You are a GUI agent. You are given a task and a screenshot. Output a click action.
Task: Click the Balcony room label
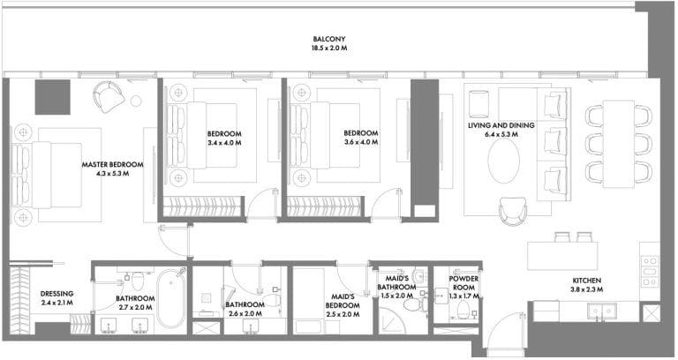(x=329, y=39)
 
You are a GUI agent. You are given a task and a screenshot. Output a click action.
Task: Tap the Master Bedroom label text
(x=112, y=165)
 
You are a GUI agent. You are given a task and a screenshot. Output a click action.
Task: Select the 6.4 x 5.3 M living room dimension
(x=501, y=134)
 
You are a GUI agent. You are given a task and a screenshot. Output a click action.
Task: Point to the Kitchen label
(x=587, y=281)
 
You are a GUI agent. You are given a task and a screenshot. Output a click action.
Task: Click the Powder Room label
(x=463, y=283)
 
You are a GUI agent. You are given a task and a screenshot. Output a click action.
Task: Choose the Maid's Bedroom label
(x=343, y=301)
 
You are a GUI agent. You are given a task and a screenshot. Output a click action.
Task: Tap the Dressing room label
(x=56, y=294)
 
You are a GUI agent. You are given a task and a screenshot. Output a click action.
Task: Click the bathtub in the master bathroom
(x=171, y=299)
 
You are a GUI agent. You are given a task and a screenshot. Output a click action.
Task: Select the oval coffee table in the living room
(x=504, y=161)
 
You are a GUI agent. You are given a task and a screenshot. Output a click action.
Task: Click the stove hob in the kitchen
(x=650, y=272)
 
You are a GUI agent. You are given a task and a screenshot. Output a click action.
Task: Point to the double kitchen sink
(x=601, y=311)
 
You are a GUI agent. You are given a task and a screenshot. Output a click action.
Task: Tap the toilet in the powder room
(x=463, y=311)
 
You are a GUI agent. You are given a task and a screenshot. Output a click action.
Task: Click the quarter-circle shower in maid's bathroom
(x=392, y=320)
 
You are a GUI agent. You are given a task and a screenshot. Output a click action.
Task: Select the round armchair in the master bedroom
(x=109, y=96)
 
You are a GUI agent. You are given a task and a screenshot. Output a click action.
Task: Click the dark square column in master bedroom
(x=52, y=97)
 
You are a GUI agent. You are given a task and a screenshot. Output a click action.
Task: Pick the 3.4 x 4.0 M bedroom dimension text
(x=224, y=143)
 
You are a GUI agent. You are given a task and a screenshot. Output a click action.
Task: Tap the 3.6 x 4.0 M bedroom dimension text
(x=360, y=142)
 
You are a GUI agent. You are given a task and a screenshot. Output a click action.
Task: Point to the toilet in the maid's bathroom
(x=414, y=304)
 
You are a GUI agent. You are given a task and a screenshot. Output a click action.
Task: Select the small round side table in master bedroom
(x=136, y=101)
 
